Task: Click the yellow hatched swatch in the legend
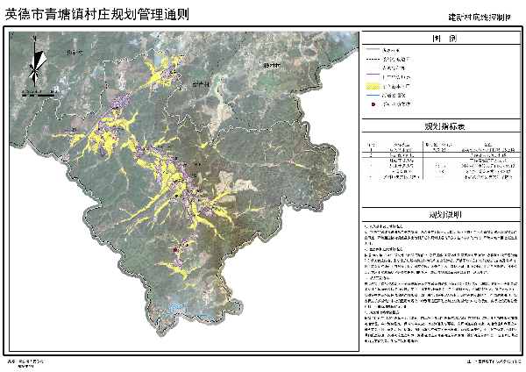click(380, 86)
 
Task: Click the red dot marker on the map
click(176, 250)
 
